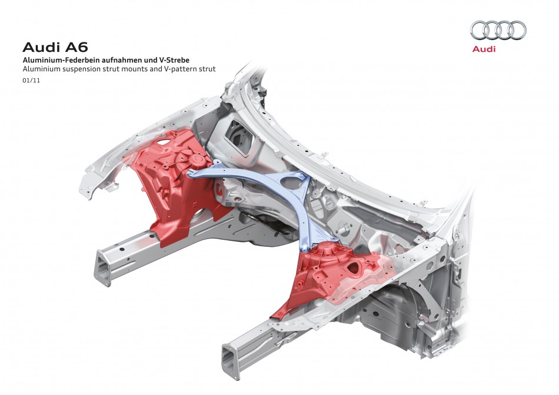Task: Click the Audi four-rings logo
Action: coord(498,30)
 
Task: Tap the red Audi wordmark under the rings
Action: coord(484,49)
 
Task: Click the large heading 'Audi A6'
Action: coord(55,48)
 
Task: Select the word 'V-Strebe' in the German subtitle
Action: coord(177,60)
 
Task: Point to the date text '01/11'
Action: coord(31,81)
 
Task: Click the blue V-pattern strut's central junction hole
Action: coord(291,183)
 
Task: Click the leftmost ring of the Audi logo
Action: coord(480,30)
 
